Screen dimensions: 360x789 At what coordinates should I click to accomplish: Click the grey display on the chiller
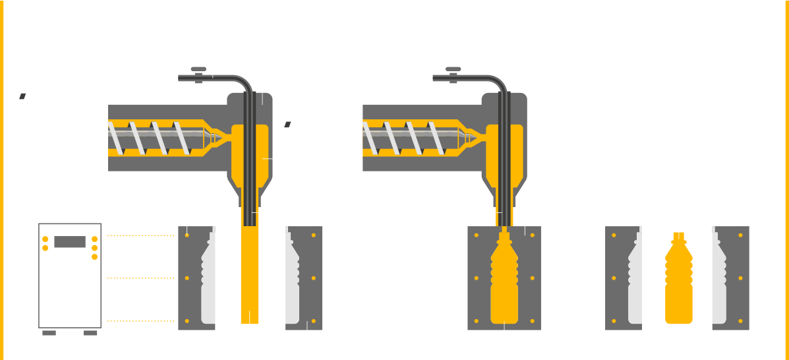[70, 242]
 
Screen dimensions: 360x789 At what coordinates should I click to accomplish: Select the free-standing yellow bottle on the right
[678, 280]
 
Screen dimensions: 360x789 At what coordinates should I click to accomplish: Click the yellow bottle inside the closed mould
[504, 280]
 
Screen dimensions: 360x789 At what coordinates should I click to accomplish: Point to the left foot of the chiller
[49, 333]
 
